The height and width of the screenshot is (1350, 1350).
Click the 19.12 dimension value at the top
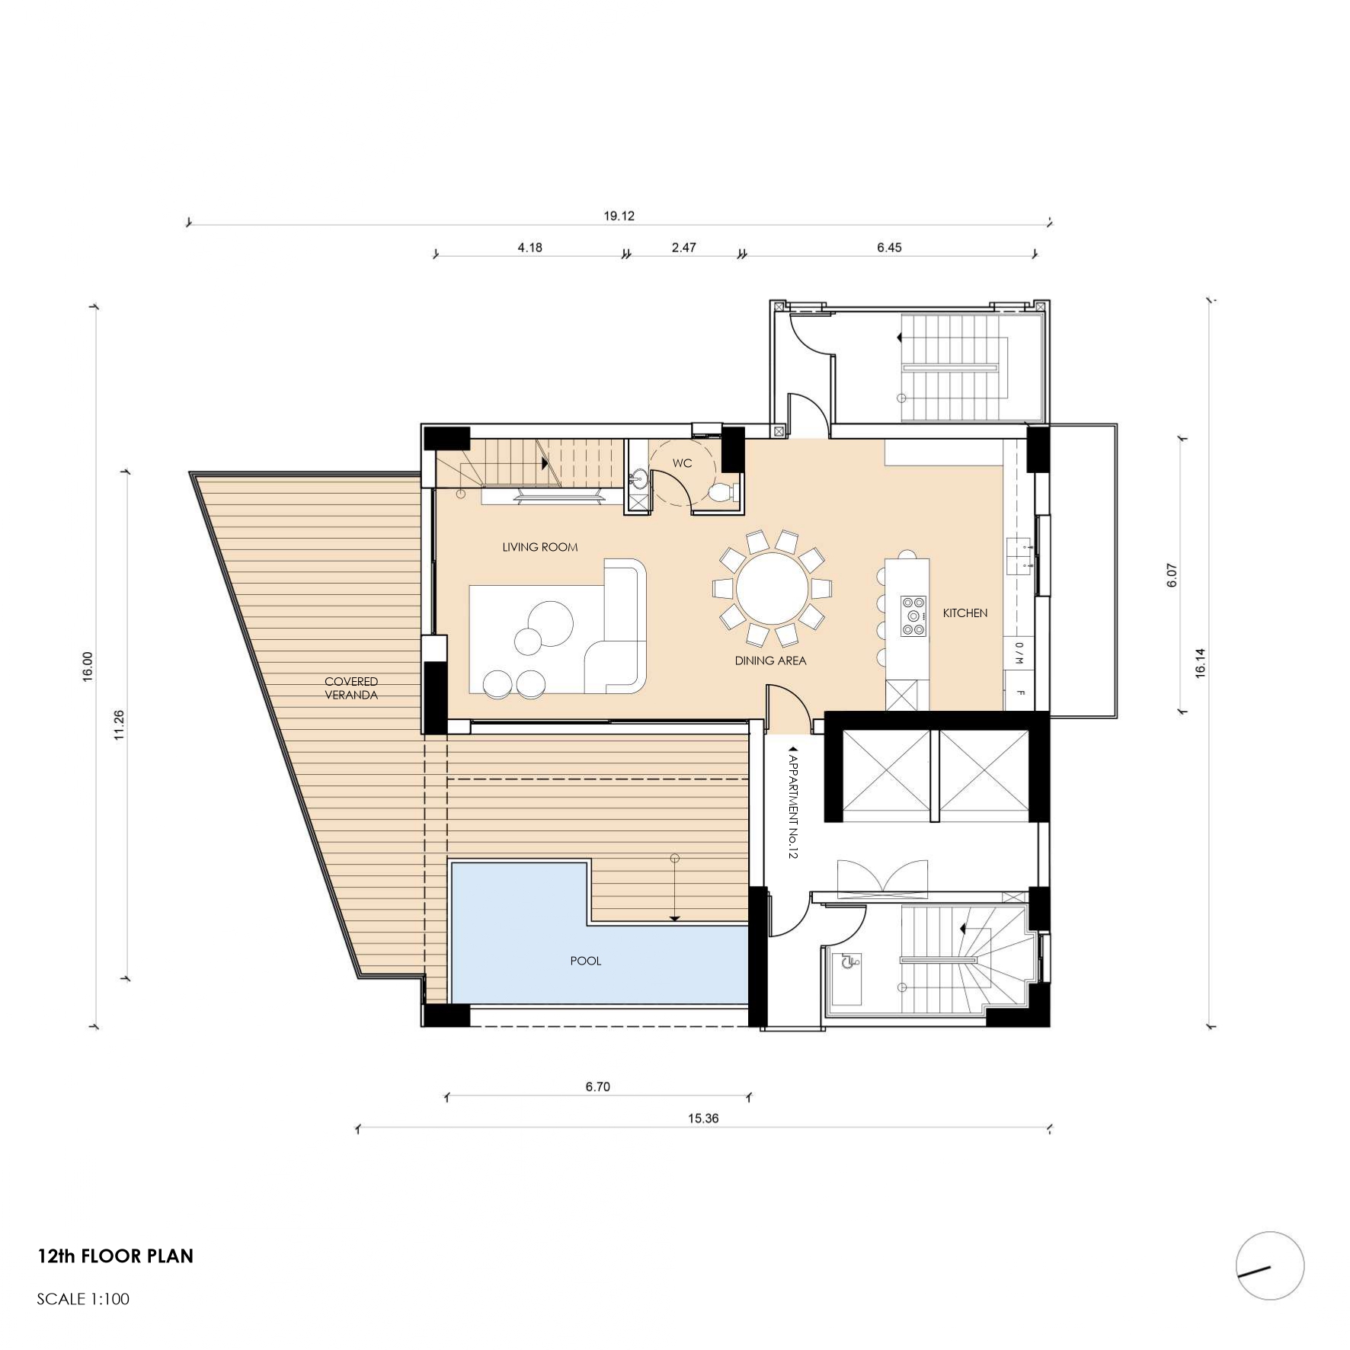pyautogui.click(x=619, y=216)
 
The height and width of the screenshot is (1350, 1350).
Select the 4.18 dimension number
pyautogui.click(x=529, y=248)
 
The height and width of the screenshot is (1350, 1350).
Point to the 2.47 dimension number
pyautogui.click(x=683, y=248)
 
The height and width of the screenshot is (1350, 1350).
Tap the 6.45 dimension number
pyautogui.click(x=889, y=248)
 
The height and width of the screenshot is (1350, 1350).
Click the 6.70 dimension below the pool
pyautogui.click(x=598, y=1087)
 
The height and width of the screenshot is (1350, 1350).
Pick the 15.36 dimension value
pyautogui.click(x=703, y=1118)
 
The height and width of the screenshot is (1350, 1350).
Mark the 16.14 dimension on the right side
pyautogui.click(x=1200, y=663)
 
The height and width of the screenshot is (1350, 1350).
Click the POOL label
pyautogui.click(x=586, y=961)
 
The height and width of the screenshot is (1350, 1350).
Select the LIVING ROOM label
pyautogui.click(x=540, y=547)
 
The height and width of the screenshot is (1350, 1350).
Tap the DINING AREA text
pyautogui.click(x=770, y=661)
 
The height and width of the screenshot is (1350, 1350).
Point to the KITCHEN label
pyautogui.click(x=965, y=613)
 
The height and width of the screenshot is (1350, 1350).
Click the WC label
pyautogui.click(x=682, y=463)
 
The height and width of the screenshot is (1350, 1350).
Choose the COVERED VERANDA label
pyautogui.click(x=351, y=688)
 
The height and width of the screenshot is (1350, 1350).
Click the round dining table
pyautogui.click(x=772, y=589)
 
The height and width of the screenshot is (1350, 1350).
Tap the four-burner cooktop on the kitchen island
pyautogui.click(x=914, y=616)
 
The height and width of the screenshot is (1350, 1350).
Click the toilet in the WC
pyautogui.click(x=721, y=492)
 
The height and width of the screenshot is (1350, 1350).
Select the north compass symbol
pyautogui.click(x=1270, y=1265)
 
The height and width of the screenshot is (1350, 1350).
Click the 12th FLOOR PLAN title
pyautogui.click(x=116, y=1256)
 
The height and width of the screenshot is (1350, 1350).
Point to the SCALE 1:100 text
pyautogui.click(x=83, y=1299)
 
